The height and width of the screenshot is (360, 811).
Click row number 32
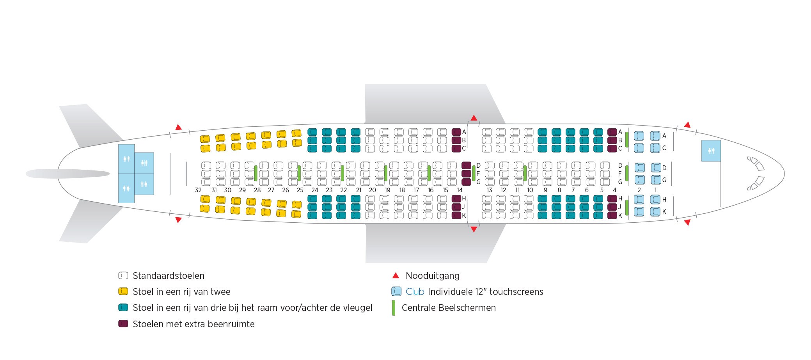(x=198, y=190)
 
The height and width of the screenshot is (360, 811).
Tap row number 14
(x=460, y=190)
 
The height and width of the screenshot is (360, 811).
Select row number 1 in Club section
(x=655, y=190)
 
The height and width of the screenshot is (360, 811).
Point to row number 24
(x=315, y=190)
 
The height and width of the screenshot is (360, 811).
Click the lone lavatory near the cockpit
(x=711, y=151)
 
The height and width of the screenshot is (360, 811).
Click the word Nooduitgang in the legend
(x=432, y=276)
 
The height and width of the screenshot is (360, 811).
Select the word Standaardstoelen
(x=169, y=276)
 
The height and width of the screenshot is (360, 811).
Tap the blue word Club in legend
(x=415, y=292)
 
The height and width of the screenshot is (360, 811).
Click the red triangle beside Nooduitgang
(x=396, y=276)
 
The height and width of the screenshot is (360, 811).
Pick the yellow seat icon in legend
(x=123, y=291)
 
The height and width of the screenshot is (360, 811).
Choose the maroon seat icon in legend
(x=123, y=324)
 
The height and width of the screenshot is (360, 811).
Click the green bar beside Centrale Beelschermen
(x=393, y=308)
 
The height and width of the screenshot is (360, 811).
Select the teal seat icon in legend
(x=123, y=307)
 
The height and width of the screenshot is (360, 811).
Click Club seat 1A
(x=655, y=136)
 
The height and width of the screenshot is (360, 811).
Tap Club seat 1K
(x=655, y=211)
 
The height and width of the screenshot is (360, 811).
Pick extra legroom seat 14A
(x=456, y=132)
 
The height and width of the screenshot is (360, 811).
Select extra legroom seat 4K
(x=612, y=215)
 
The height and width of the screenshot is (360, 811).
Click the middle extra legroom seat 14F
(x=466, y=174)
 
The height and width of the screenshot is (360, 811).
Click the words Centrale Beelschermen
(x=449, y=308)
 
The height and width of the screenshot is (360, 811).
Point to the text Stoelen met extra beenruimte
(x=193, y=324)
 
